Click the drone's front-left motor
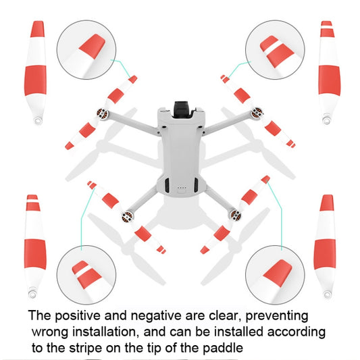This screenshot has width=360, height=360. tap(103, 114)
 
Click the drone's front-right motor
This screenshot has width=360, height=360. tap(257, 113)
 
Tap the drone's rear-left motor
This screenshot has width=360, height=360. tap(128, 216)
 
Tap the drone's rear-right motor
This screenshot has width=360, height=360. tap(236, 215)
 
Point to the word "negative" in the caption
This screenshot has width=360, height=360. tap(156, 315)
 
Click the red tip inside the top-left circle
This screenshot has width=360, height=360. tap(92, 47)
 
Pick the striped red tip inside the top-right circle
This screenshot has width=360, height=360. tap(277, 51)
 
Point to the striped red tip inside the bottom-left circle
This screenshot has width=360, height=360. tap(86, 275)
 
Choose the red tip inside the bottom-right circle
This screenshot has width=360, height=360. tap(278, 273)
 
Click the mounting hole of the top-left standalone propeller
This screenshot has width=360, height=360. tap(37, 120)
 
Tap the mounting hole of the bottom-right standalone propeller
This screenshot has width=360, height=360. tap(327, 294)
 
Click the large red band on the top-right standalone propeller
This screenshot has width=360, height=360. tap(330, 80)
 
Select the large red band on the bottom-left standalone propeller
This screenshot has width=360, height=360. tap(35, 254)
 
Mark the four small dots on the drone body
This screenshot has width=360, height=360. tap(182, 188)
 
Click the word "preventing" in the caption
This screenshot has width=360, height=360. tap(277, 316)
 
